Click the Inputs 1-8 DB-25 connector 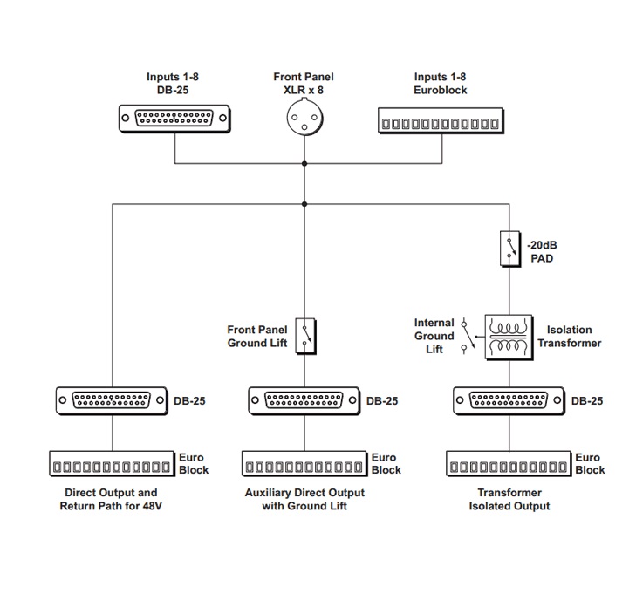[174, 119]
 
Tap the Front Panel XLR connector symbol [304, 118]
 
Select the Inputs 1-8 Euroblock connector [441, 121]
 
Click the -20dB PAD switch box [510, 249]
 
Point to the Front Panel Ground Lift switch [305, 336]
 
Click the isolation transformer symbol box [509, 338]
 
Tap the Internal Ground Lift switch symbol [468, 337]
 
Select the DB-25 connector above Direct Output [112, 400]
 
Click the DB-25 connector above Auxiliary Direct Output [304, 400]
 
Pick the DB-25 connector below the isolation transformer [509, 400]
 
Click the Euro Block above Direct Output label [112, 463]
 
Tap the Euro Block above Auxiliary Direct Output [304, 463]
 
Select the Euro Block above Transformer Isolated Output [509, 463]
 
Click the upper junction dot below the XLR [304, 164]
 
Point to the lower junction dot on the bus [304, 204]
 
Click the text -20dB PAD [542, 252]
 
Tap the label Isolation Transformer [570, 337]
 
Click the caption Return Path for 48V [111, 506]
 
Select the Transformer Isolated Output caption [509, 499]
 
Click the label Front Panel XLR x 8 [304, 83]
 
